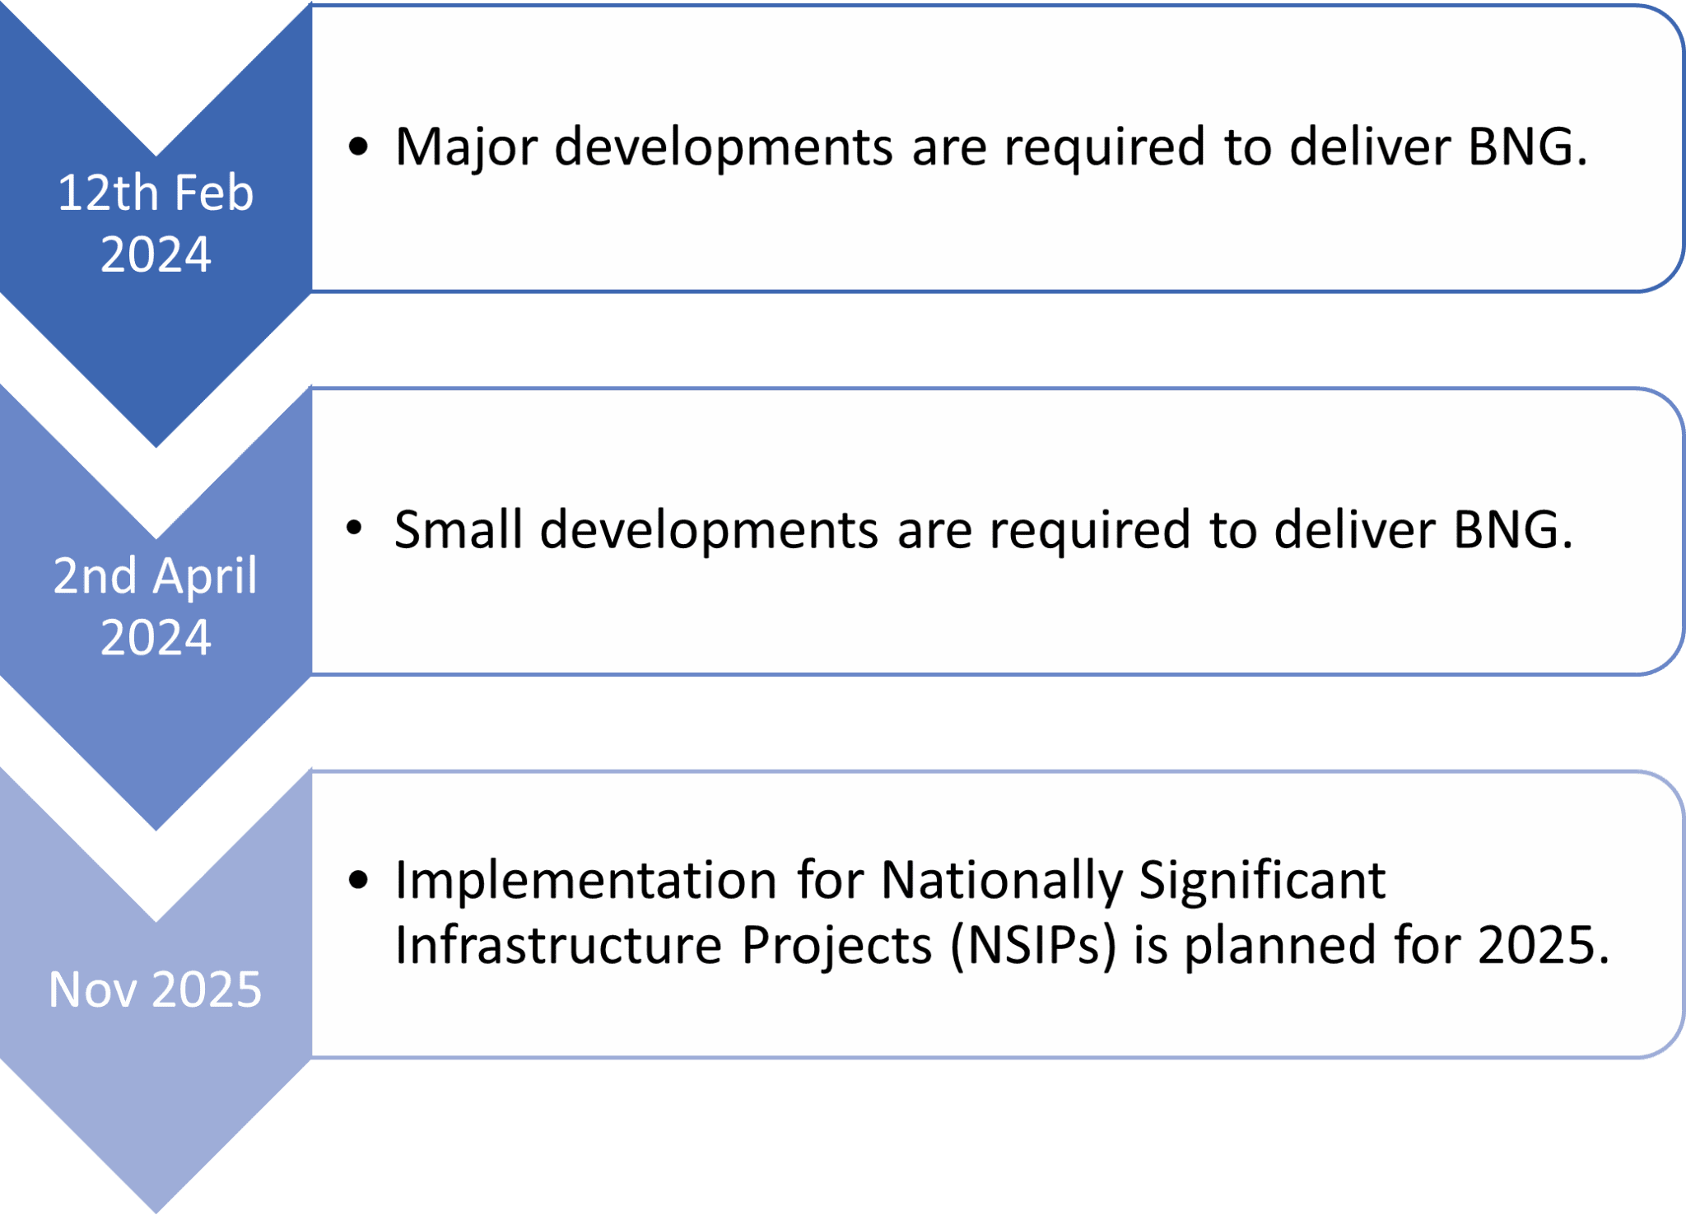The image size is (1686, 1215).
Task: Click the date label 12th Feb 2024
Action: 156,223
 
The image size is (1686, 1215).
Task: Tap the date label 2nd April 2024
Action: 156,606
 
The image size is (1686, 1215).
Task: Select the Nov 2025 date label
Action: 156,989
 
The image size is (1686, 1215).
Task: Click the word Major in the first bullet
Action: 466,148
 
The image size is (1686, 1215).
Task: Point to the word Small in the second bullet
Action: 459,529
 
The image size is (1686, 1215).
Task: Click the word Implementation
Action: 586,882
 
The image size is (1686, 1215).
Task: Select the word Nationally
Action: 1002,882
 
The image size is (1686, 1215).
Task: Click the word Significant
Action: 1263,882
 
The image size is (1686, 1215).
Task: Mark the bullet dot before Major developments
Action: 358,147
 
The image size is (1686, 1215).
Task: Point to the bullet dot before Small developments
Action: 355,528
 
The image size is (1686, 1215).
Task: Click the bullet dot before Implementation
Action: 358,881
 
